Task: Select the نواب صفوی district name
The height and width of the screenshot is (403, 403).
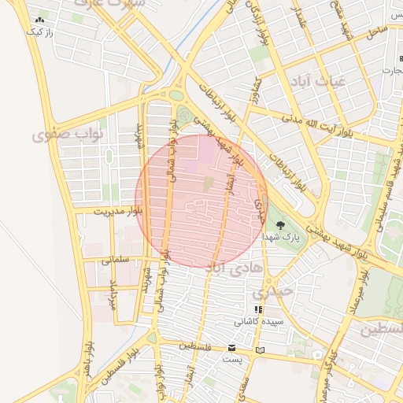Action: [63, 135]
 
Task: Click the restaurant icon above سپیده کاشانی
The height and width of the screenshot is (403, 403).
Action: [258, 309]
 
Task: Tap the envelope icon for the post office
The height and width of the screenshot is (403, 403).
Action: [231, 348]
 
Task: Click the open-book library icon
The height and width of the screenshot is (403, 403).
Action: [261, 349]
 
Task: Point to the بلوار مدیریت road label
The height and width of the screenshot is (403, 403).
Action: [119, 211]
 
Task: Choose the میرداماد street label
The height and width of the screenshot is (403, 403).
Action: [112, 294]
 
